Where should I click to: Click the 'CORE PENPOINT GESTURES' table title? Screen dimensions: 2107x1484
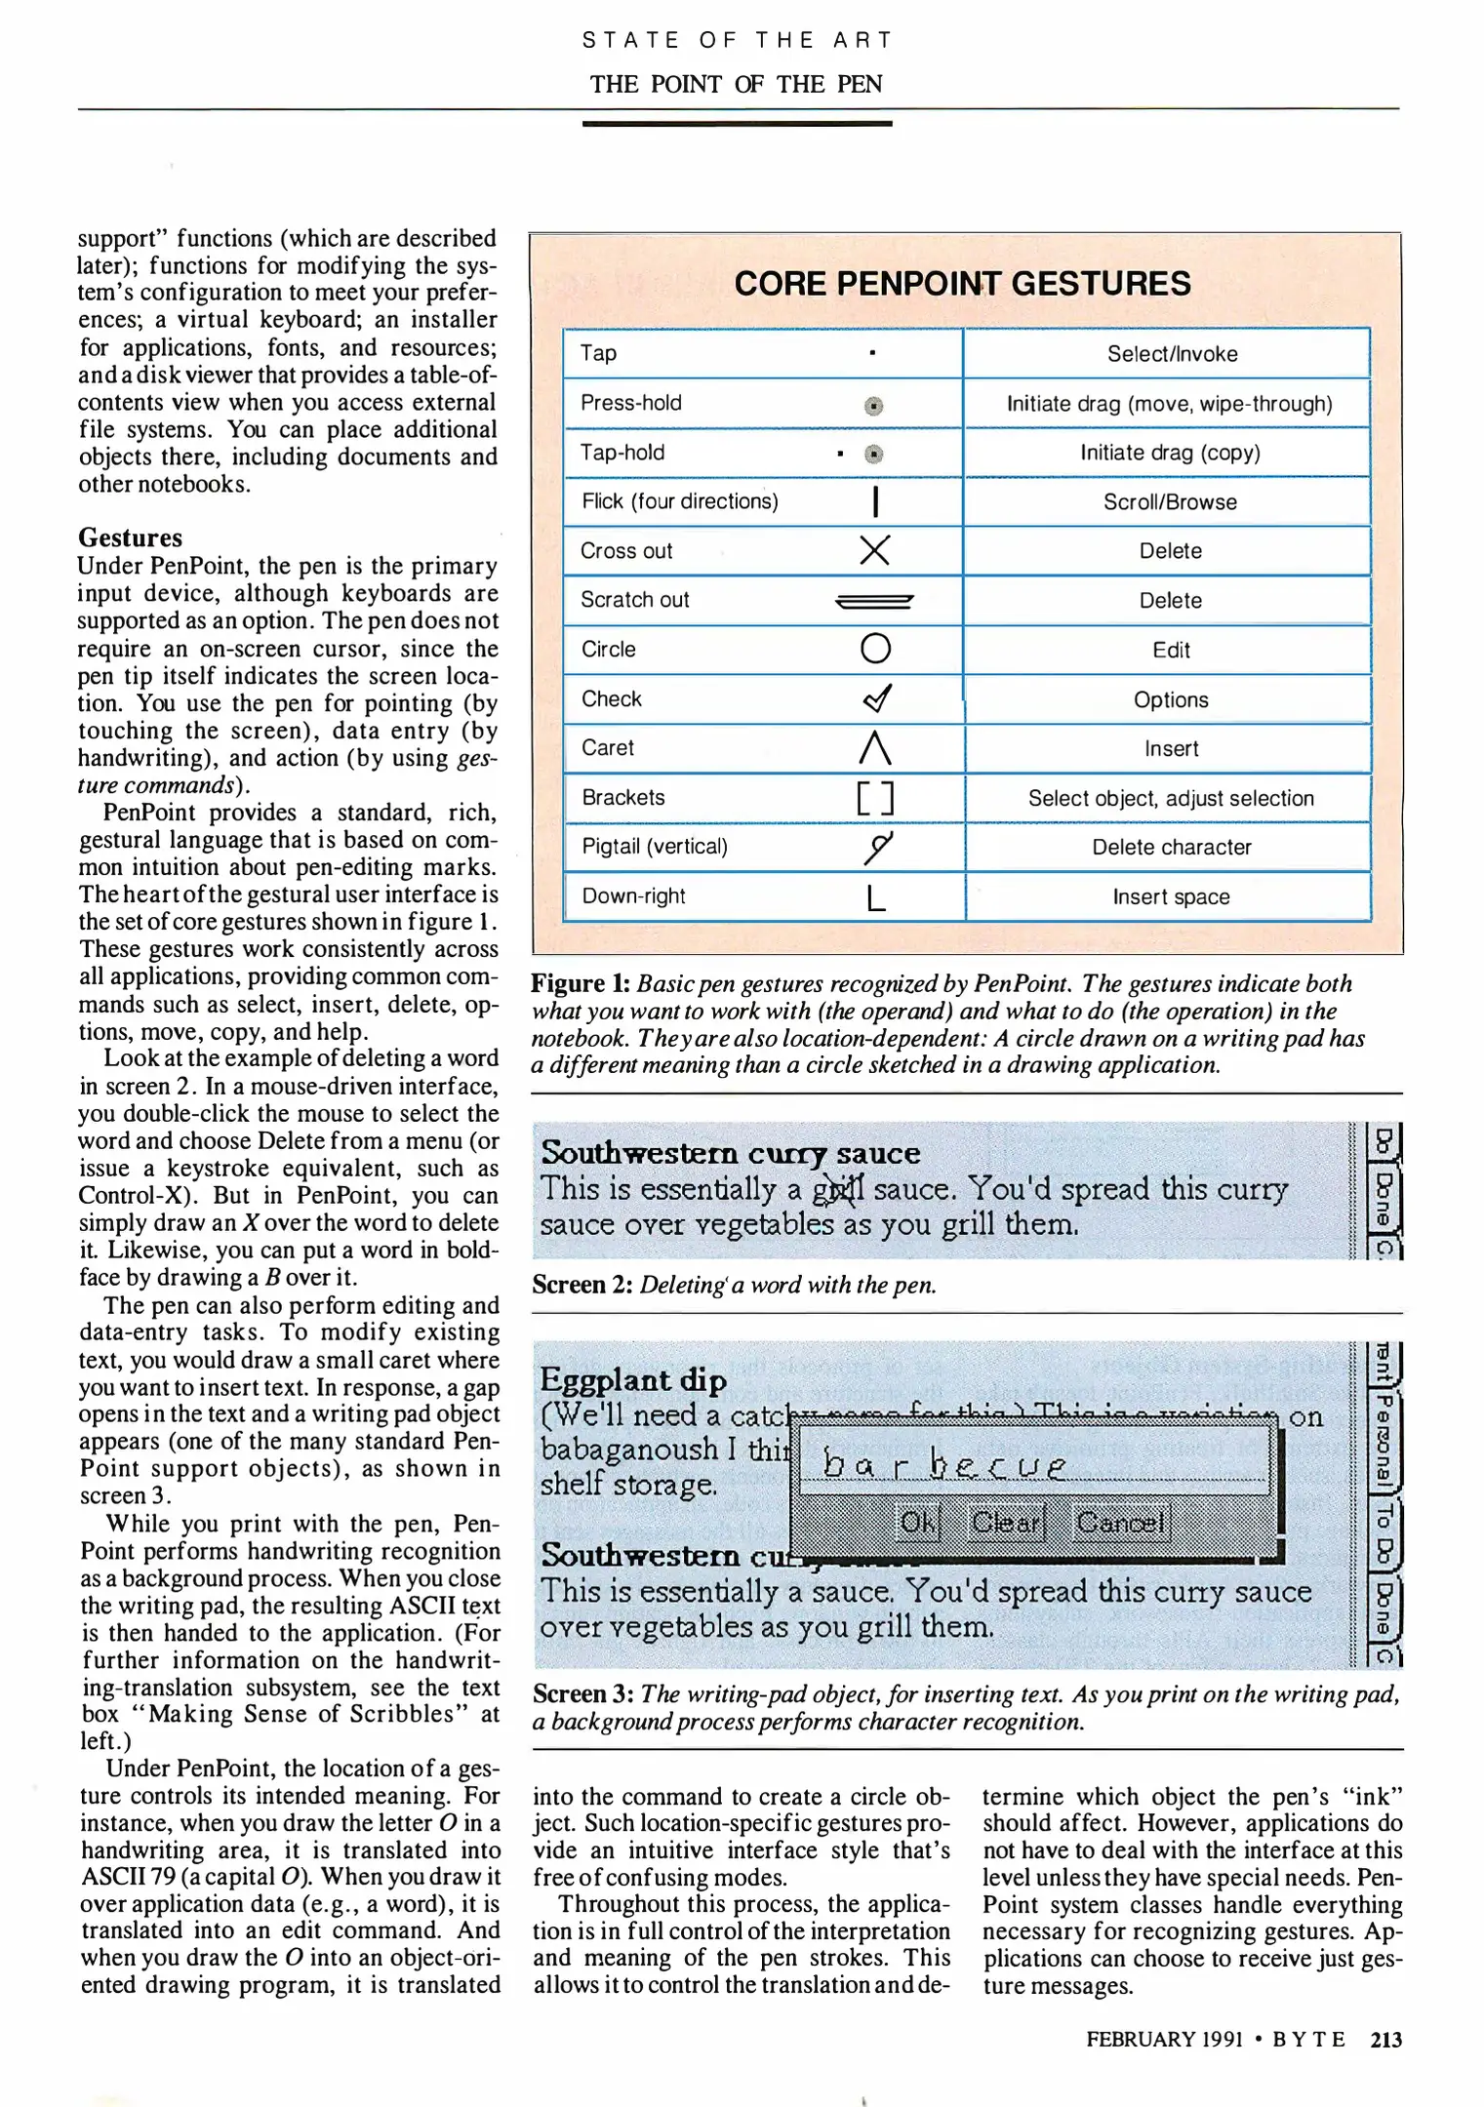pos(962,284)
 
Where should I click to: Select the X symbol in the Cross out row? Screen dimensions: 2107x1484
pos(874,550)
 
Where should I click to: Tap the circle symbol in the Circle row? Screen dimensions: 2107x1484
pos(875,649)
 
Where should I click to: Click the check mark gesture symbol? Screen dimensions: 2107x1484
pos(877,697)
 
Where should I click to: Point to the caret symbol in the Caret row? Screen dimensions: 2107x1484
pos(875,748)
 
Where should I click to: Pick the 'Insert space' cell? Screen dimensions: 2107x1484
pos(1170,896)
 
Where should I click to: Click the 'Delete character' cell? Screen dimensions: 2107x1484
pos(1170,847)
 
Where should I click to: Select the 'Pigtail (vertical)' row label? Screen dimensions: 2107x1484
pos(655,846)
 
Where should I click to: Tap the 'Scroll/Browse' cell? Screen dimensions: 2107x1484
pos(1170,501)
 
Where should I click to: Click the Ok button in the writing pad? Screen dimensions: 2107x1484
pos(917,1522)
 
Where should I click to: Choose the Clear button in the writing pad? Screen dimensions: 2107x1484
pos(1006,1522)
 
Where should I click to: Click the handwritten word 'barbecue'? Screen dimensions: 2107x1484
pos(943,1465)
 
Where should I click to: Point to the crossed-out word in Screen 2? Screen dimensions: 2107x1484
pos(839,1190)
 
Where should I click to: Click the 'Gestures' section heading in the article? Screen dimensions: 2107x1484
pos(130,537)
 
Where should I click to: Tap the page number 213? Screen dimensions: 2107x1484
pos(1385,2039)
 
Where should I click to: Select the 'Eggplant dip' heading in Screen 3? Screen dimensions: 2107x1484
pos(633,1379)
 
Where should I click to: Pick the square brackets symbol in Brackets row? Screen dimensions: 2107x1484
pos(875,798)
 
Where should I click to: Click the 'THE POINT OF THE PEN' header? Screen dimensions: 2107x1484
pos(736,84)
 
